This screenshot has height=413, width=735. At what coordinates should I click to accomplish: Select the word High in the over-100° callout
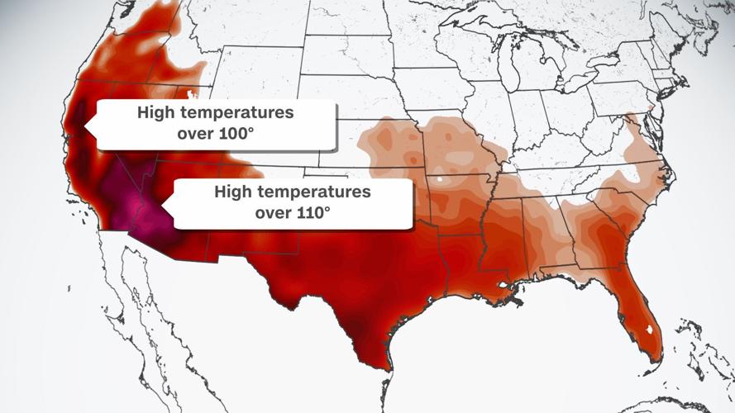pyautogui.click(x=155, y=112)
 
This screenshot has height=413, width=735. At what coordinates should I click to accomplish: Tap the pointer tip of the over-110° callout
pyautogui.click(x=161, y=204)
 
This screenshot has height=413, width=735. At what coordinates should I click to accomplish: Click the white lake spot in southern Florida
pyautogui.click(x=651, y=330)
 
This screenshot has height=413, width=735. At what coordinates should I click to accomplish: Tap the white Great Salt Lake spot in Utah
pyautogui.click(x=188, y=93)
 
